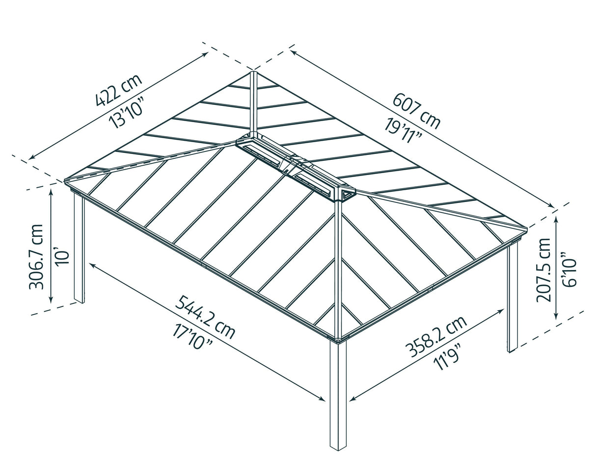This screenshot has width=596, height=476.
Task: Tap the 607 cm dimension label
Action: (x=416, y=111)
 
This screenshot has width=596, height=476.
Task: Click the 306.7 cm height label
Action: (x=36, y=256)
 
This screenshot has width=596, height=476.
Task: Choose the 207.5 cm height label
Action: (x=544, y=270)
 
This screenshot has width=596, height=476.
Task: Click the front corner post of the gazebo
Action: (x=338, y=395)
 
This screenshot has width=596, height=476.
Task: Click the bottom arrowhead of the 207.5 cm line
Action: (x=556, y=317)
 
